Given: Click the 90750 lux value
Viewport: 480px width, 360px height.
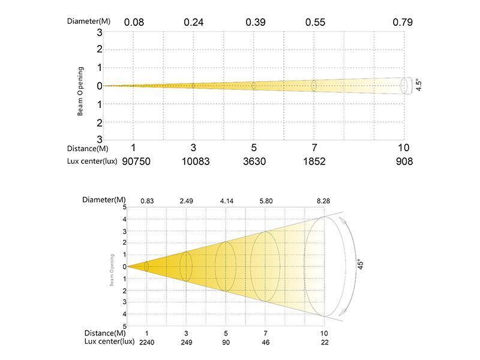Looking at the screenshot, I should [x=133, y=161].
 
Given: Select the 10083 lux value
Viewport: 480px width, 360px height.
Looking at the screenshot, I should [x=193, y=161].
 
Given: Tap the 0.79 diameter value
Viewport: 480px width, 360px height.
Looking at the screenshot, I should [x=403, y=22].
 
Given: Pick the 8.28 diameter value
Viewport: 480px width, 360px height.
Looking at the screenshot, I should [x=325, y=200].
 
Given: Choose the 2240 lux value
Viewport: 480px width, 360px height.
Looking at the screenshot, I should [x=146, y=342].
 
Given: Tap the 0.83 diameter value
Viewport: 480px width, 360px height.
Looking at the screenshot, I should [x=147, y=200].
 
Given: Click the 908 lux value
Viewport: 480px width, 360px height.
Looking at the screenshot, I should [x=404, y=161].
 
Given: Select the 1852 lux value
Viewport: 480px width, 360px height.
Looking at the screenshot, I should [x=313, y=161].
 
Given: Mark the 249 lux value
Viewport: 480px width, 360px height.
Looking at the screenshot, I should [x=186, y=342].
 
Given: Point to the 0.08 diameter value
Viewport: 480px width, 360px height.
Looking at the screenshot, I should [x=133, y=22].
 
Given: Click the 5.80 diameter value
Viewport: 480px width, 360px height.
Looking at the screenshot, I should [x=265, y=200].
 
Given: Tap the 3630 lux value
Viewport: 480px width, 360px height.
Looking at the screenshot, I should [x=254, y=161].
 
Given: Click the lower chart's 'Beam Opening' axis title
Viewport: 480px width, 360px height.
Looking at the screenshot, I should [x=112, y=267].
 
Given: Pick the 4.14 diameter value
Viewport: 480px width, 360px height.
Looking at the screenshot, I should [x=226, y=200].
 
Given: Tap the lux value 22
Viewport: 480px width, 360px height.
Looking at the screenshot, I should [x=325, y=342].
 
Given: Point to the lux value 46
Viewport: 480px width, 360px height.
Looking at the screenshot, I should [x=265, y=342].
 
